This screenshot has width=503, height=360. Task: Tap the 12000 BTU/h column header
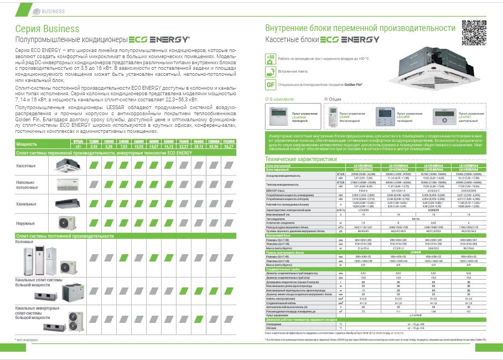(94, 143)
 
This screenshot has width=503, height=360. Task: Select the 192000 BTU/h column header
(228, 143)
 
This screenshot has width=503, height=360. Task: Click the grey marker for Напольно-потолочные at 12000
(94, 184)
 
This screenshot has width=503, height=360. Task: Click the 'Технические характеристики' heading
(301, 160)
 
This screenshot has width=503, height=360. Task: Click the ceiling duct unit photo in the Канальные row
(69, 203)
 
